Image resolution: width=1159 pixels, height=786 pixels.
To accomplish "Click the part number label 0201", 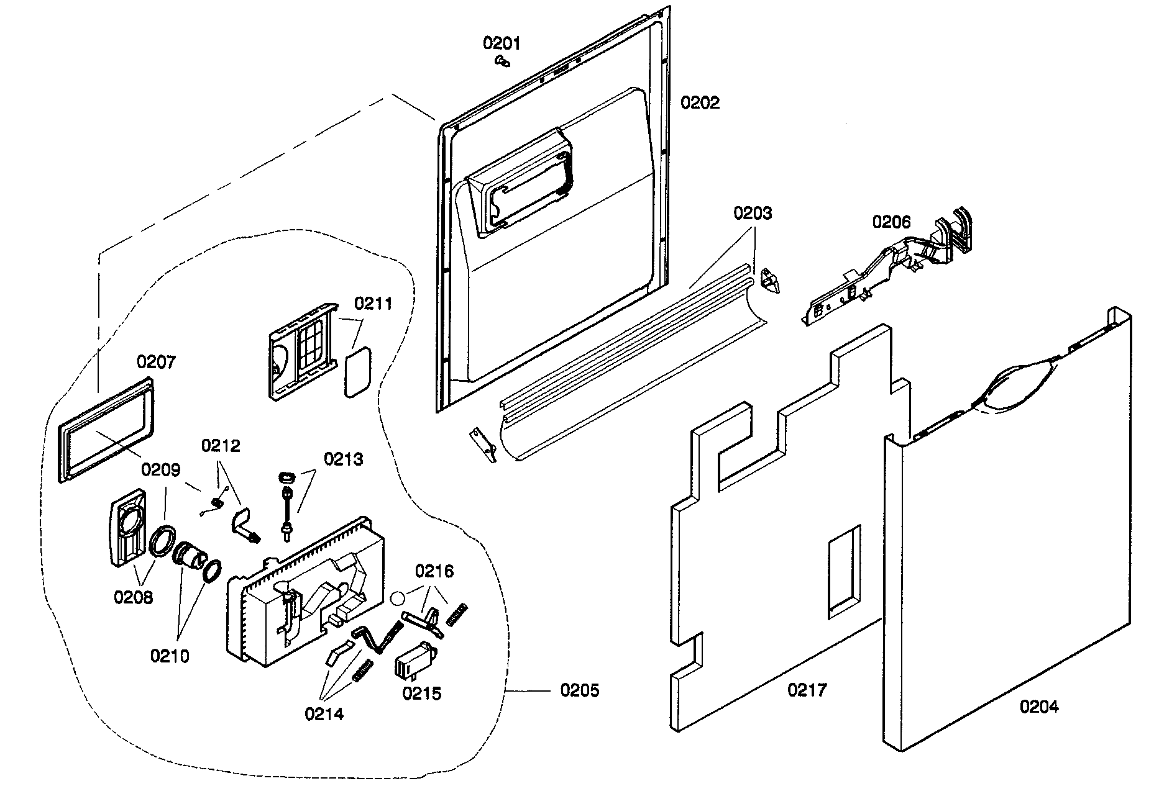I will coord(502,43).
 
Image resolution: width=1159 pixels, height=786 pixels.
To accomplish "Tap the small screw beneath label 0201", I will coord(502,61).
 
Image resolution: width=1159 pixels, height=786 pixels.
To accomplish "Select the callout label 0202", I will coord(700,103).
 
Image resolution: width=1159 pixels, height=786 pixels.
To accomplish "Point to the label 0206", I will coord(891,222).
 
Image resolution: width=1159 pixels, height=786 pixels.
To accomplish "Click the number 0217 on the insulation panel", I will coord(807,690).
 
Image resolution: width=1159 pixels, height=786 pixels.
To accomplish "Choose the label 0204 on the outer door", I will coord(1039,706).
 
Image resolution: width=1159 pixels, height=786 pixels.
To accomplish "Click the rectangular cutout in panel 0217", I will coord(844,572).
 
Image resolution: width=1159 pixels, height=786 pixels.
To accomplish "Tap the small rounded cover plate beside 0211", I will coord(357,371).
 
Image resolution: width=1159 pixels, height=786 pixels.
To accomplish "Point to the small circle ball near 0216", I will coord(398,598).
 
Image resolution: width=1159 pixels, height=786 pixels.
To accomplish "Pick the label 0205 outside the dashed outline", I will coord(579,690).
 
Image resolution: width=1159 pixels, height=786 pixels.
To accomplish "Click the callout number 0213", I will coord(344,459).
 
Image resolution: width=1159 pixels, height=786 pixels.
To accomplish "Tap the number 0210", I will coord(170,656).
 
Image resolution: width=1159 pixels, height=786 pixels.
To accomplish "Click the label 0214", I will coord(324,714).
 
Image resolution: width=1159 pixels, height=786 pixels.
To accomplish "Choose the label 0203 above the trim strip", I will coord(753,213).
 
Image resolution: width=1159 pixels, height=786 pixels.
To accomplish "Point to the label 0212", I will coord(220,446).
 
